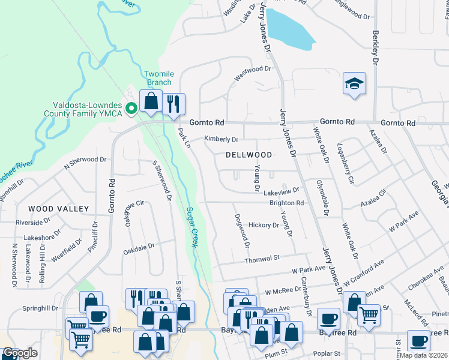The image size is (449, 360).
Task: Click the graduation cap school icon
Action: (x=355, y=84)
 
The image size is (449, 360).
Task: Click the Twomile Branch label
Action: (x=158, y=78)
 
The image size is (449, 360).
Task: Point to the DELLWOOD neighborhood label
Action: (x=249, y=155)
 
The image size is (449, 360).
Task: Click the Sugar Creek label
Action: (x=192, y=227)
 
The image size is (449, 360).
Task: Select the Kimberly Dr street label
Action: (x=221, y=139)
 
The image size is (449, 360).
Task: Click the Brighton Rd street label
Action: (x=286, y=203)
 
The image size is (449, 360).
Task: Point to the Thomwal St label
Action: (x=262, y=259)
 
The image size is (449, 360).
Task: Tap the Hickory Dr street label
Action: (x=264, y=226)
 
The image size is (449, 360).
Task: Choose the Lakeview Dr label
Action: (x=281, y=190)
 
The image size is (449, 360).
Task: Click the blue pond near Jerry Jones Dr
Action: (x=289, y=30)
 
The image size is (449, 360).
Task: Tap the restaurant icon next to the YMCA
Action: (x=173, y=103)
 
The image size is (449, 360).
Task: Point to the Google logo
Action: (x=20, y=353)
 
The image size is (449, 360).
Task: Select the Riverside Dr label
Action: (x=32, y=223)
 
